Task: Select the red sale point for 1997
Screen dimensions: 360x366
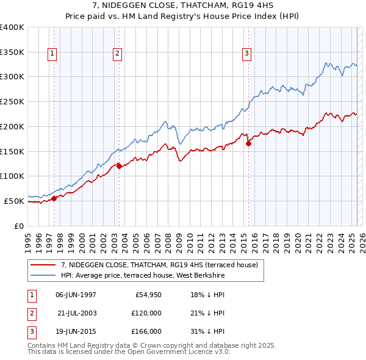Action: (x=54, y=198)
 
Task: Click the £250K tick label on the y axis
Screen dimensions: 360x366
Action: (x=12, y=102)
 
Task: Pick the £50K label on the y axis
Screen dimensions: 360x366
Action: (x=14, y=201)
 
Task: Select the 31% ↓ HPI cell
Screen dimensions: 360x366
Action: (x=207, y=331)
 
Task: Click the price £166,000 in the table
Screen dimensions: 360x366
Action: (x=146, y=331)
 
